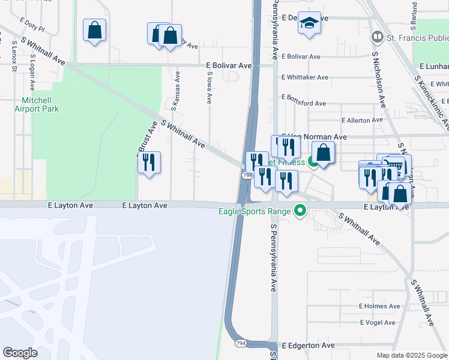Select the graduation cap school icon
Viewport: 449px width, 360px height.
coord(309,24)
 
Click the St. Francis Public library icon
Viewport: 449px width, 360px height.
coord(378,37)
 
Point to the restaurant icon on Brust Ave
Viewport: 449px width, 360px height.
coord(149,162)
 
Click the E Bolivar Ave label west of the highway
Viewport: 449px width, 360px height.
coord(229,65)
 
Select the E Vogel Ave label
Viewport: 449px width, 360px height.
coord(378,323)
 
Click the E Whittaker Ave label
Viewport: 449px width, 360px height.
coord(305,77)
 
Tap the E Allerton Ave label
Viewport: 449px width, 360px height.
coord(361,120)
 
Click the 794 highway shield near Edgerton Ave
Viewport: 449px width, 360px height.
coord(241,343)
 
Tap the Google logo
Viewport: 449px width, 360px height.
coord(20,352)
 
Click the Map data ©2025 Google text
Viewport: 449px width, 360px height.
coord(411,355)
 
